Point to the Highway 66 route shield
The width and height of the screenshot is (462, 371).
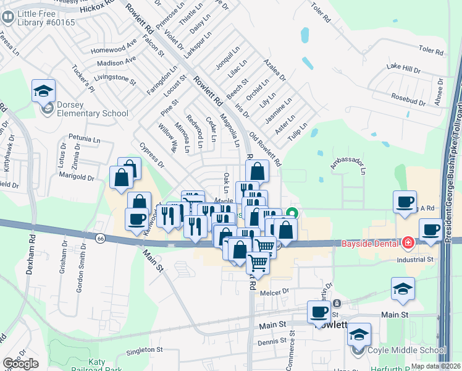pos(100,237)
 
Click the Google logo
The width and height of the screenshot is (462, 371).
pos(20,364)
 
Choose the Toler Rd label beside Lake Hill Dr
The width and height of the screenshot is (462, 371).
pos(431,51)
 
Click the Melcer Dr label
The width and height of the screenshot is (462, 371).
pos(275,291)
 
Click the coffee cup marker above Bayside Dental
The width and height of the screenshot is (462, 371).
pos(405,202)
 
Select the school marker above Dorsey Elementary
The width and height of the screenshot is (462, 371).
pos(43,90)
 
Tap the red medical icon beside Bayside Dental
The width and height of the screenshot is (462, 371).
pos(408,243)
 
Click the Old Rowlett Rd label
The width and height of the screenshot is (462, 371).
pos(264,148)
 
